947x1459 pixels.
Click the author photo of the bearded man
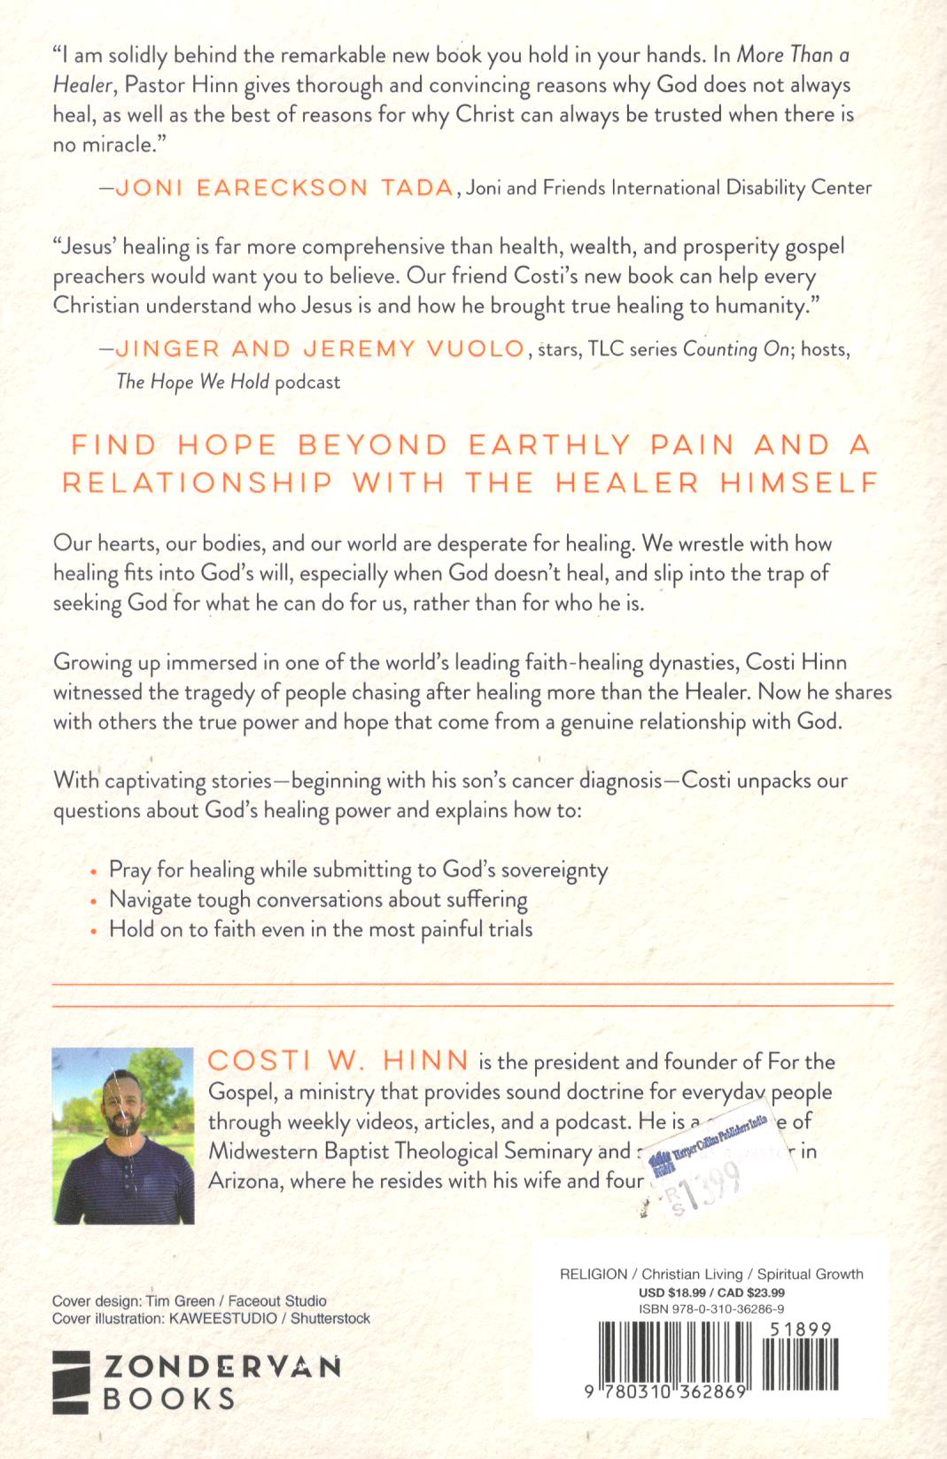[x=122, y=1135]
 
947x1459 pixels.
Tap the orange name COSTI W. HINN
[x=338, y=1061]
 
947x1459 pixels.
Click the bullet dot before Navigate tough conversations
[x=96, y=901]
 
